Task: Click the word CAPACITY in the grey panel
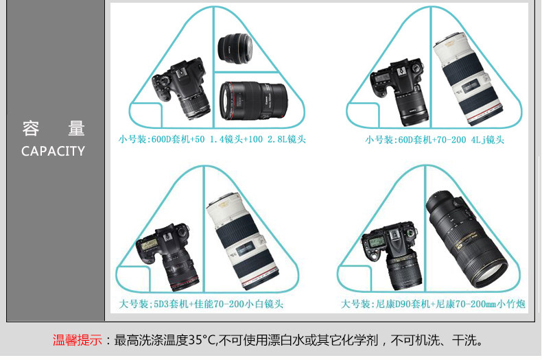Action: (x=53, y=151)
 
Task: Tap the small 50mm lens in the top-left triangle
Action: (x=235, y=49)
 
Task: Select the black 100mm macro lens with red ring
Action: (x=254, y=101)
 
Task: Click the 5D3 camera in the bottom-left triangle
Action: (x=168, y=256)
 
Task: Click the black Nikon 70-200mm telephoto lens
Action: (x=467, y=239)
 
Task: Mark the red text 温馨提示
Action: (x=78, y=340)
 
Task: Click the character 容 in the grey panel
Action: (x=31, y=128)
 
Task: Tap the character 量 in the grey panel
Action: (x=76, y=128)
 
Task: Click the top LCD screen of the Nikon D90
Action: (x=376, y=242)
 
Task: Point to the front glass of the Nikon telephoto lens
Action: (x=490, y=272)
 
